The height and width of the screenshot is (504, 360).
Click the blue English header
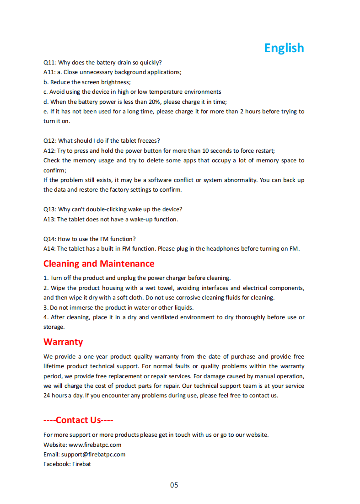pos(284,48)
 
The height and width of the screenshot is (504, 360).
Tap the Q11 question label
pos(49,63)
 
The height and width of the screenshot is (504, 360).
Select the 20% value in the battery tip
pos(154,102)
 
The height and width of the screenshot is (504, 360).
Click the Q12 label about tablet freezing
pos(49,141)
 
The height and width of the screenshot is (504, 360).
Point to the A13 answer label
pos(49,220)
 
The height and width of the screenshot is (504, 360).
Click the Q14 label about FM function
pos(49,239)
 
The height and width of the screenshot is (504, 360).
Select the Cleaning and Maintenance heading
pos(99,264)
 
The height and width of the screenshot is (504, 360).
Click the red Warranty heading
pos(63,342)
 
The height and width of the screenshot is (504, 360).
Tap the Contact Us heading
pos(78,420)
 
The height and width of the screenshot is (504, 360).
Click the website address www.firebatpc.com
pos(95,445)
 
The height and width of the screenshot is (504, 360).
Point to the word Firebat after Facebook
pos(81,464)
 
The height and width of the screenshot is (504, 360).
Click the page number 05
pos(174,485)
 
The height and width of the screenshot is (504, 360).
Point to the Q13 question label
pos(49,209)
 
